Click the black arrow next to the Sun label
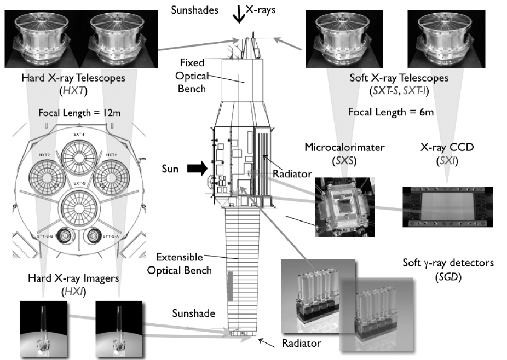197,169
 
